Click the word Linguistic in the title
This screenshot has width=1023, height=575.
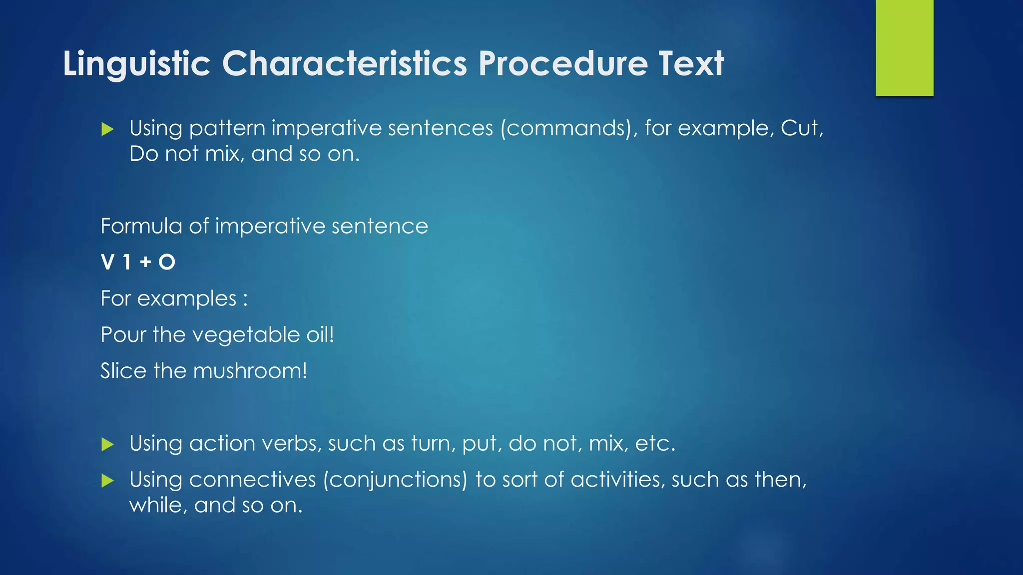point(136,64)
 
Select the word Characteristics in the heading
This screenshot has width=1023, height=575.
point(345,64)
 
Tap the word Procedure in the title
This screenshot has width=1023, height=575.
point(563,64)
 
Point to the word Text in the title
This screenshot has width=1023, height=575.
point(691,64)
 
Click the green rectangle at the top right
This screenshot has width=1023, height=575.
point(904,48)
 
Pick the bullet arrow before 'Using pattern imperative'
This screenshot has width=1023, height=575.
point(107,129)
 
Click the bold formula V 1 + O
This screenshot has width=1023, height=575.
point(138,262)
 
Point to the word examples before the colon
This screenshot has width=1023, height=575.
point(187,299)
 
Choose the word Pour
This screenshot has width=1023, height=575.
point(123,334)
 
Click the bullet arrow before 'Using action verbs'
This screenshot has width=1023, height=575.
point(107,444)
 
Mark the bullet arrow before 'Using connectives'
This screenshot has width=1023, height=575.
point(107,481)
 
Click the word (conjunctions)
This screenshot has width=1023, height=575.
point(395,480)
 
